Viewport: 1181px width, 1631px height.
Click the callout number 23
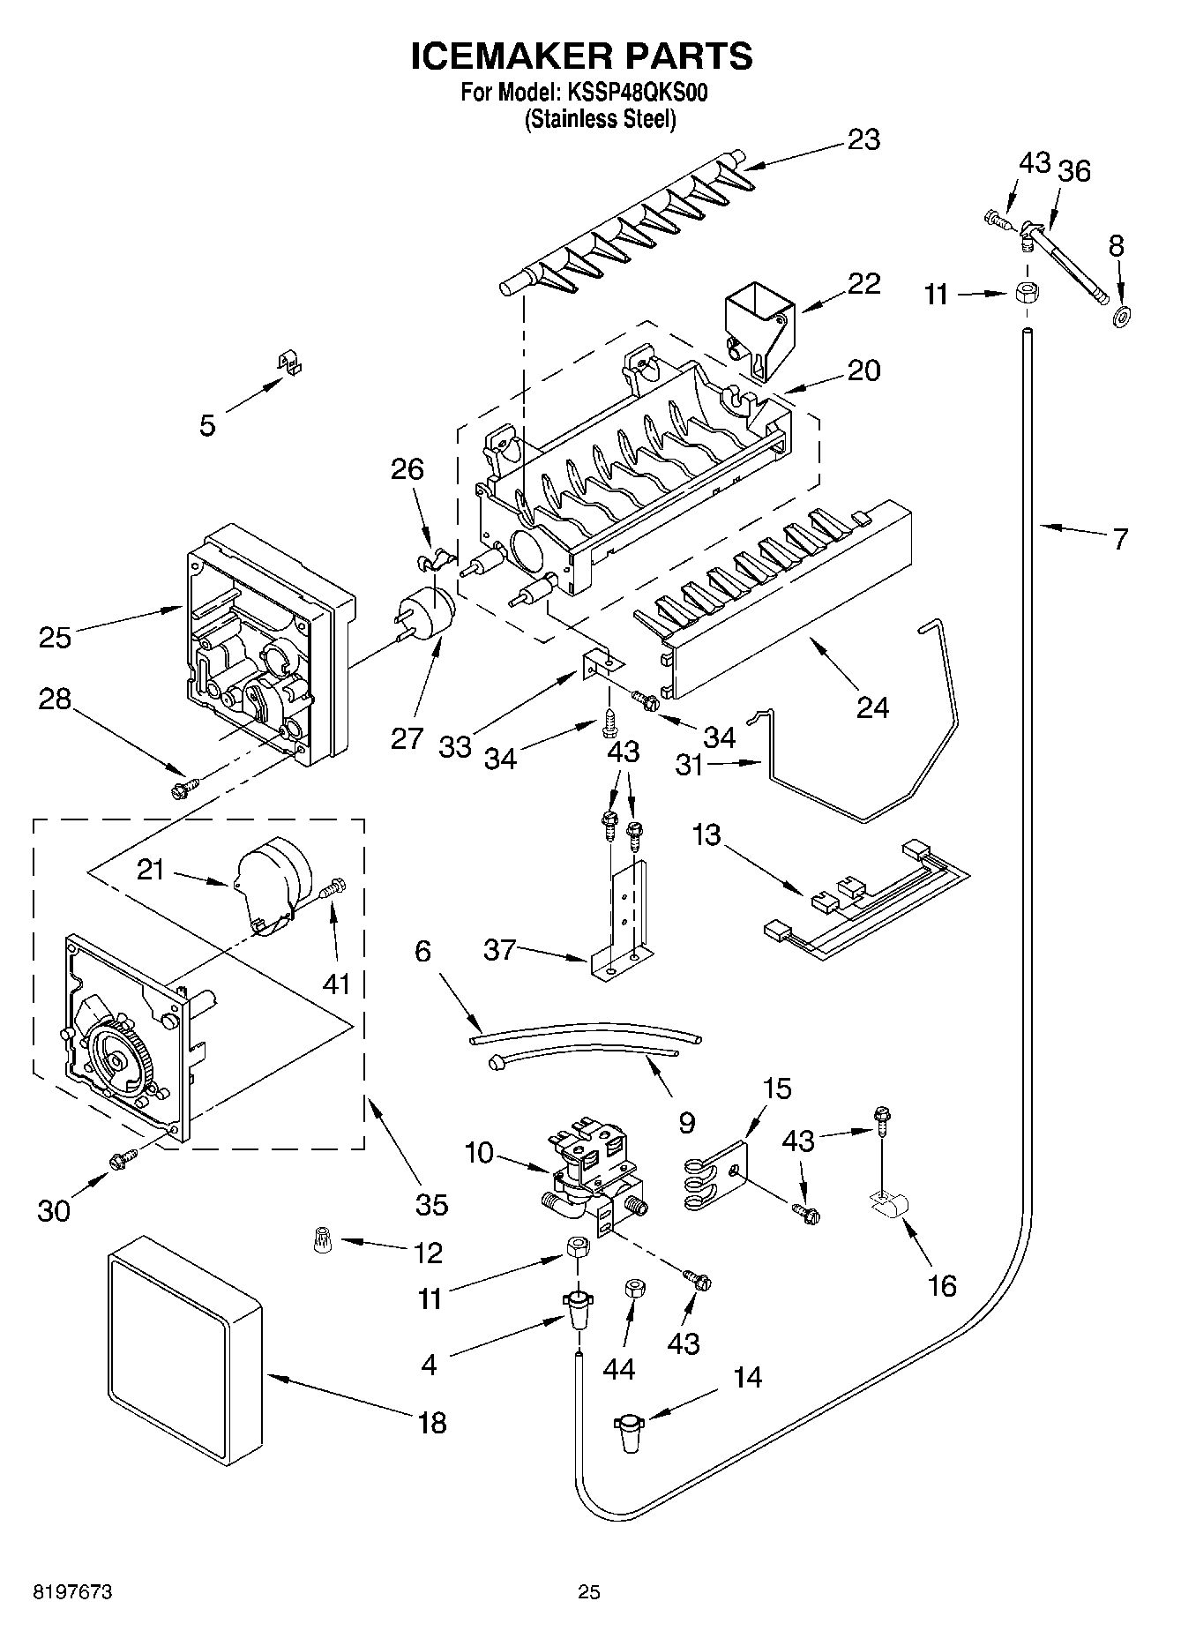(863, 139)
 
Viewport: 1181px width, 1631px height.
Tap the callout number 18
(431, 1423)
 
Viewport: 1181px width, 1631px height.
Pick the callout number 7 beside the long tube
(1119, 538)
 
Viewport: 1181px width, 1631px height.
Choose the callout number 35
(431, 1204)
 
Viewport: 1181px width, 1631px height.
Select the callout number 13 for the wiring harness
(706, 834)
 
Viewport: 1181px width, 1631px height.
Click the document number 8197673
(73, 1592)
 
